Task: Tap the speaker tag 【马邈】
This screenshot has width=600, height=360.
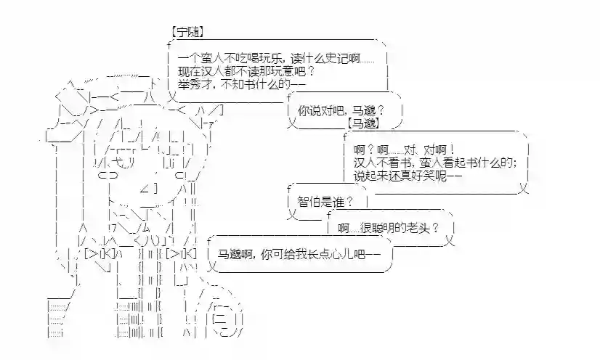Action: click(364, 123)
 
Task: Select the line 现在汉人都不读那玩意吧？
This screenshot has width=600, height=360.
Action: click(246, 71)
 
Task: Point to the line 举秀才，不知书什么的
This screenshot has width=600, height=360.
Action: click(240, 84)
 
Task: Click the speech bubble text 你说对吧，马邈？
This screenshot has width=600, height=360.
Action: click(340, 110)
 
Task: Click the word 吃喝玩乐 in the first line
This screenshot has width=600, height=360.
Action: click(260, 59)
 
